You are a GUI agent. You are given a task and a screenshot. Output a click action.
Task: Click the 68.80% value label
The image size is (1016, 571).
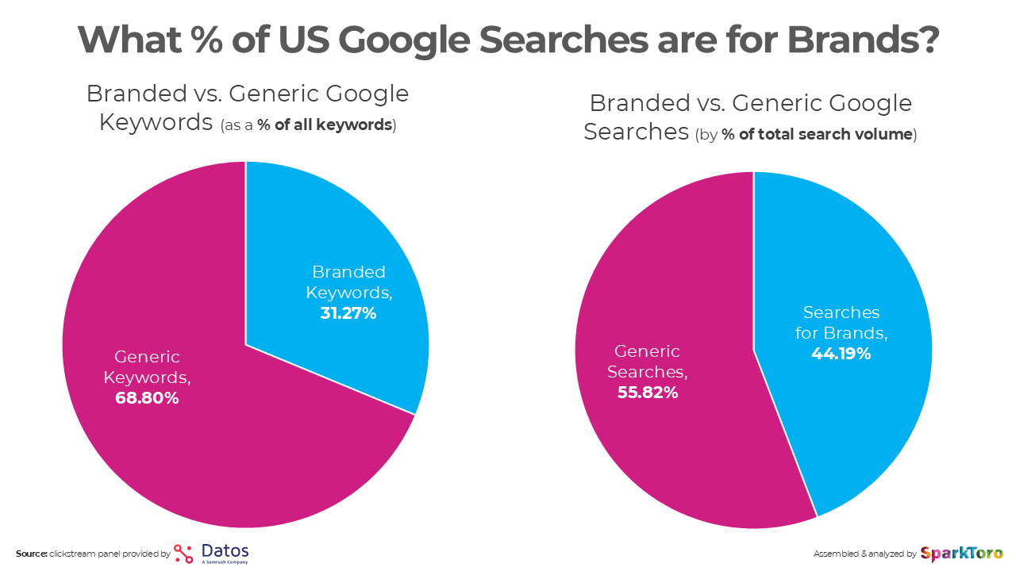pyautogui.click(x=147, y=398)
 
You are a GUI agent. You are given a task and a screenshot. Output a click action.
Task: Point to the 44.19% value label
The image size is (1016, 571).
pyautogui.click(x=841, y=354)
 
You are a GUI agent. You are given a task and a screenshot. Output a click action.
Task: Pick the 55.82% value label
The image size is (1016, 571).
pyautogui.click(x=648, y=392)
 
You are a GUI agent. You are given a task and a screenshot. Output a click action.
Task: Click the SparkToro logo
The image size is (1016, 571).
pyautogui.click(x=961, y=554)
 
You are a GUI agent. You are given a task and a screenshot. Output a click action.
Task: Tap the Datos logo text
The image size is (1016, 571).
pyautogui.click(x=225, y=551)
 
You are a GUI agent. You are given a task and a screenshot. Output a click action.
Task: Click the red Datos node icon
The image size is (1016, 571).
pyautogui.click(x=183, y=554)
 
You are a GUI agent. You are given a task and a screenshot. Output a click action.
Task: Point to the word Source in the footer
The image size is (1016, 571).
pyautogui.click(x=31, y=554)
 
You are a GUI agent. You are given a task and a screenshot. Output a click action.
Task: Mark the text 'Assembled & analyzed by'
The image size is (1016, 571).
pyautogui.click(x=864, y=554)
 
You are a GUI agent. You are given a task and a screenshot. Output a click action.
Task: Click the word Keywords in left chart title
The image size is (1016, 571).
pyautogui.click(x=156, y=123)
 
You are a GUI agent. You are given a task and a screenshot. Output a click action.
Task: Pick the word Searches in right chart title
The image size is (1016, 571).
pyautogui.click(x=636, y=132)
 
